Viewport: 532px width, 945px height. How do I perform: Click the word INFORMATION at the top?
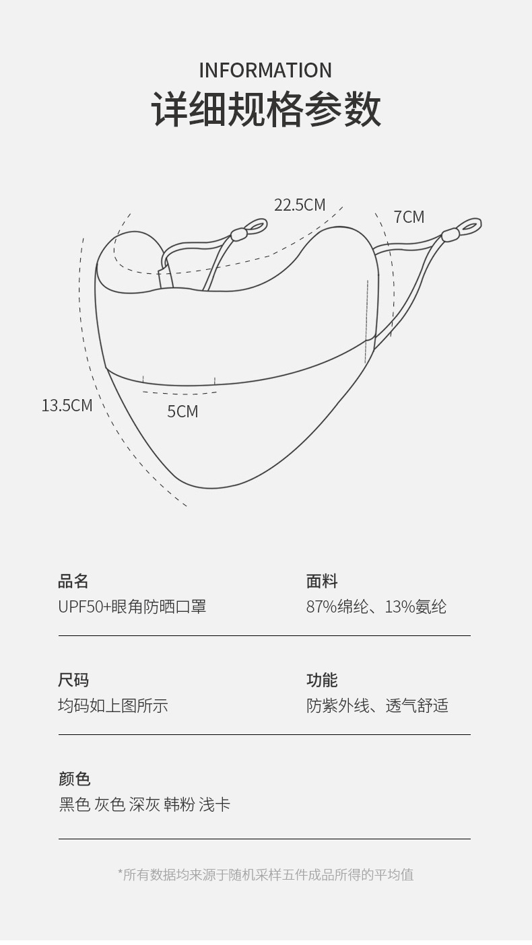(x=265, y=70)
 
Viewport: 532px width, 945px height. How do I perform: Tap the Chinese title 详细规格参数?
(x=266, y=109)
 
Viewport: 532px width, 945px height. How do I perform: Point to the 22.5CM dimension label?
(x=300, y=205)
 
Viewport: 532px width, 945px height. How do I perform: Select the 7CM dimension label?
(x=409, y=217)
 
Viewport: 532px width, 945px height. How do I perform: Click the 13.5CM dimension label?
(x=67, y=405)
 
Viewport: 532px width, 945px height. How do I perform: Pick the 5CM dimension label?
(x=182, y=411)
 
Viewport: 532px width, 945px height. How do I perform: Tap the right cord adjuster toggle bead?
(x=450, y=235)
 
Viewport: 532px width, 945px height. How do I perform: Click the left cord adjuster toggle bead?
(x=239, y=234)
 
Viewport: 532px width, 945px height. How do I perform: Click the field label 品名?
(x=73, y=581)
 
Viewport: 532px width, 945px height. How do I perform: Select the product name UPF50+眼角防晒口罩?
(x=132, y=606)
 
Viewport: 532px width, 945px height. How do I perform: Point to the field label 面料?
(x=322, y=581)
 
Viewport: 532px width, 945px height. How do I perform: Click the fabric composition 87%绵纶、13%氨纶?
(x=376, y=606)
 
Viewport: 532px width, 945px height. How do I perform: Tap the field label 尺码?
(x=73, y=680)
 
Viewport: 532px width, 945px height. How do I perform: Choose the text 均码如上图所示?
(x=113, y=705)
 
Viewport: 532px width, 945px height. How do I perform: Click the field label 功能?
(x=322, y=680)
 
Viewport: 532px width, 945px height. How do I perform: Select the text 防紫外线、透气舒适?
(x=377, y=705)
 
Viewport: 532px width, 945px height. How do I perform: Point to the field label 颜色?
(x=74, y=779)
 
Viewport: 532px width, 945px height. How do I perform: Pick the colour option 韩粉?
(x=179, y=804)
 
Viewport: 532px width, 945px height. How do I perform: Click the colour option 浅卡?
(x=215, y=804)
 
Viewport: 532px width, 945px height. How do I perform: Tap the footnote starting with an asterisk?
(x=266, y=874)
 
